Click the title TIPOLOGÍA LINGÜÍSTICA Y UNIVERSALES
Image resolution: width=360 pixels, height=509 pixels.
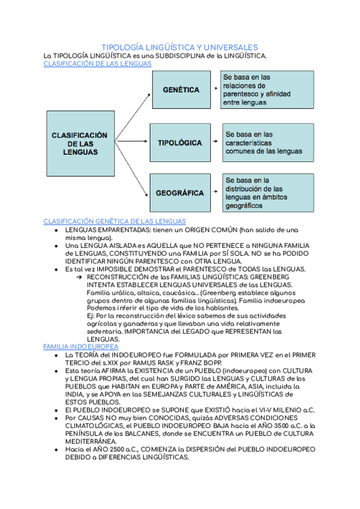(180, 47)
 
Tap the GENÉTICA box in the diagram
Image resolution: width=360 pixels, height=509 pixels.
(181, 90)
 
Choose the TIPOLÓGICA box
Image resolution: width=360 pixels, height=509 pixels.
(180, 143)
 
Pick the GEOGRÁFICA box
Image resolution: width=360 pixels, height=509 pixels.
(180, 193)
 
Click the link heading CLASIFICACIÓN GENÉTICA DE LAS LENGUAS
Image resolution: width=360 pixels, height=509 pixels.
(115, 221)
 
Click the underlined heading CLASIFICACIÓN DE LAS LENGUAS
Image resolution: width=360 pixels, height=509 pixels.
(98, 64)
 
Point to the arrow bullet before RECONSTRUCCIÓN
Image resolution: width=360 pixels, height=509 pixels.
(80, 277)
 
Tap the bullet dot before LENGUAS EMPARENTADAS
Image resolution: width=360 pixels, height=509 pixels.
(55, 230)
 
